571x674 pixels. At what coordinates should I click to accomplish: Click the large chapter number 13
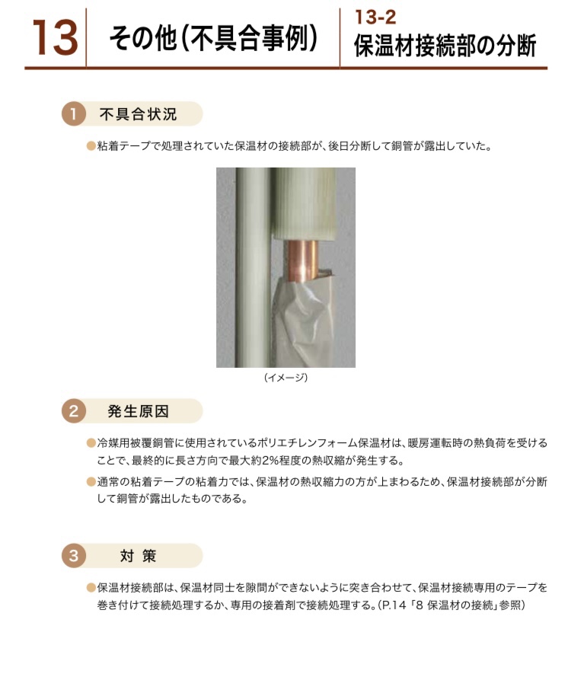click(x=56, y=38)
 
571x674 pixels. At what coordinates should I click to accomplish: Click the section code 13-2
click(x=375, y=18)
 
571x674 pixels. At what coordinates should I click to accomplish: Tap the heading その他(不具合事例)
click(x=213, y=38)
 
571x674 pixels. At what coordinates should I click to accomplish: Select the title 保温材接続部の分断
click(x=445, y=46)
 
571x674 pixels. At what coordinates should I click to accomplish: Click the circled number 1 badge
click(x=74, y=114)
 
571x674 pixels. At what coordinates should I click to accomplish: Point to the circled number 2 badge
click(x=74, y=411)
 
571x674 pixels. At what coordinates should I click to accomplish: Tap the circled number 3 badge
click(x=74, y=555)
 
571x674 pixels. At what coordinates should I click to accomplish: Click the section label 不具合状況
click(x=138, y=114)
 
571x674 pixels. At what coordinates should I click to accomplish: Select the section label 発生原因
click(x=138, y=411)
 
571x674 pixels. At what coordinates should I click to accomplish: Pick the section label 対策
click(x=138, y=556)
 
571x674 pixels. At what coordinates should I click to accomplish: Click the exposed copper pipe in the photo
click(x=301, y=261)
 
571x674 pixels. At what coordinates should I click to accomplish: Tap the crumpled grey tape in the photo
click(x=302, y=320)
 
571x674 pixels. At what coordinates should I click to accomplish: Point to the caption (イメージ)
click(x=285, y=378)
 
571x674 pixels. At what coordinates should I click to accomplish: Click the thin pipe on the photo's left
click(x=253, y=267)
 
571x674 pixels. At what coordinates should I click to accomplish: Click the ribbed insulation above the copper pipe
click(x=303, y=204)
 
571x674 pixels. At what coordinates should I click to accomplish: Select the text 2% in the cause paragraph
click(x=271, y=461)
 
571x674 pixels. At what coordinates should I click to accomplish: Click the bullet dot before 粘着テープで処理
click(x=91, y=146)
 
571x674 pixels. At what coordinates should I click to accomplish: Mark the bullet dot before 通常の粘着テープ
click(x=91, y=481)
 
